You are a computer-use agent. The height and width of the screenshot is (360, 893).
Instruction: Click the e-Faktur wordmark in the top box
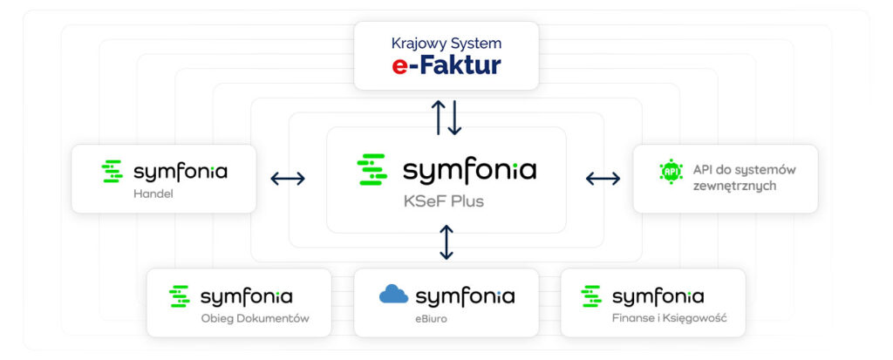(446, 65)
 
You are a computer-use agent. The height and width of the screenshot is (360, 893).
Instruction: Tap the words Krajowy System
(446, 42)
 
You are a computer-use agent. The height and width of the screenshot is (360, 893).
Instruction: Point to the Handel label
(153, 194)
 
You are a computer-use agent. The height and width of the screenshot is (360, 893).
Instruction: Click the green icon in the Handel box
(112, 172)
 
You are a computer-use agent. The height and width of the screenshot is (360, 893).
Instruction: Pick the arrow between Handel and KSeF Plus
(288, 179)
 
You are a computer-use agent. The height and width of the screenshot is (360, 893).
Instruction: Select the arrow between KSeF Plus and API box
(603, 179)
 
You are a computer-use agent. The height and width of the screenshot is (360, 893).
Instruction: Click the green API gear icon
(671, 172)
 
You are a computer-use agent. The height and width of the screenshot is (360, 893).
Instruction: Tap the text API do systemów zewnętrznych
(744, 178)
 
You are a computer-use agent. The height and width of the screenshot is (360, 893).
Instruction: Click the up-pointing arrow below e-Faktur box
(439, 118)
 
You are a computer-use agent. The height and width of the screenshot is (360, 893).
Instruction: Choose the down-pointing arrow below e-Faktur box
(454, 118)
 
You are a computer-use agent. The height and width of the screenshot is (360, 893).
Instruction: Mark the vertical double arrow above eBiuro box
(446, 242)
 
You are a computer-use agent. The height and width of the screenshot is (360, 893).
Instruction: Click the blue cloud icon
(393, 295)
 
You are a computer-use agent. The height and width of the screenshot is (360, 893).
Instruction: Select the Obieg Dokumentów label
(255, 318)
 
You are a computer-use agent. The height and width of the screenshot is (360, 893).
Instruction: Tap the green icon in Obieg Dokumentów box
(180, 296)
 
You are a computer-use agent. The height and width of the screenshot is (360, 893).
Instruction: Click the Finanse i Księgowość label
(669, 318)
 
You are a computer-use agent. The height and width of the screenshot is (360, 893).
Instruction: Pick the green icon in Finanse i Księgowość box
(592, 296)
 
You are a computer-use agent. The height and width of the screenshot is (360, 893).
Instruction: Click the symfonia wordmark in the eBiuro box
(465, 296)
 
